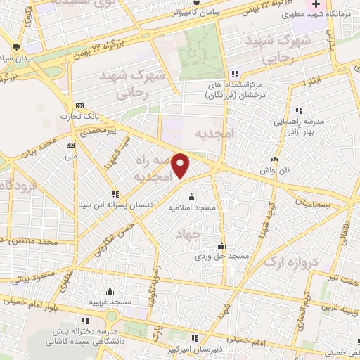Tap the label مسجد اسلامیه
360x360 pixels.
pyautogui.click(x=192, y=208)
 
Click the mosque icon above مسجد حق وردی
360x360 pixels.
pyautogui.click(x=222, y=246)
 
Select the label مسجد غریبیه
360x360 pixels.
pyautogui.click(x=110, y=302)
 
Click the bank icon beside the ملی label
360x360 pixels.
pyautogui.click(x=70, y=145)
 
